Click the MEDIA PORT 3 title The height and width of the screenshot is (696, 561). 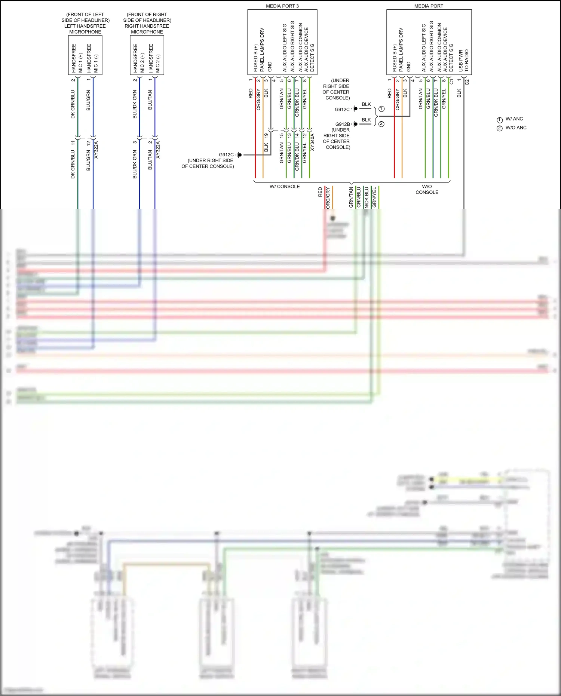[282, 6]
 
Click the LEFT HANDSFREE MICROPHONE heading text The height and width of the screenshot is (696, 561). [85, 23]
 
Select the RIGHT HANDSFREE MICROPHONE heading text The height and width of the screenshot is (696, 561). [147, 23]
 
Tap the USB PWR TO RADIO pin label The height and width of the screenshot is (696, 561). [463, 60]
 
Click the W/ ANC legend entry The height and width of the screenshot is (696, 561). [514, 119]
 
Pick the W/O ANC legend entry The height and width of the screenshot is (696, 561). [516, 128]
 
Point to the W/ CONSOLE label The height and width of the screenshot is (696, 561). [285, 187]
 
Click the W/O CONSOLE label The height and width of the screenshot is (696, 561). [427, 189]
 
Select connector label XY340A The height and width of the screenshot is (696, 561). [313, 142]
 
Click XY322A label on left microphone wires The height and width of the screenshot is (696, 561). [96, 150]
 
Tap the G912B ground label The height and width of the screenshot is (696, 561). [342, 124]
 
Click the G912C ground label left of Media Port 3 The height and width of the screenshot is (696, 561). [226, 155]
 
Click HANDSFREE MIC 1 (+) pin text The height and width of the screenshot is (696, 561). [77, 58]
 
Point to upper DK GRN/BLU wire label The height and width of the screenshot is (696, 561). [73, 104]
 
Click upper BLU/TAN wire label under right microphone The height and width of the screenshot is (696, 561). [150, 99]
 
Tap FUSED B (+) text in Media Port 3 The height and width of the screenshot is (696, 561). [256, 58]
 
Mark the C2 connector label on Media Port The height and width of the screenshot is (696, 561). [467, 82]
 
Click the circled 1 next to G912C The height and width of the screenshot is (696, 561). [381, 109]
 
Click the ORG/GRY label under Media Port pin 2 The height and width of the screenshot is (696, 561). [397, 99]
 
